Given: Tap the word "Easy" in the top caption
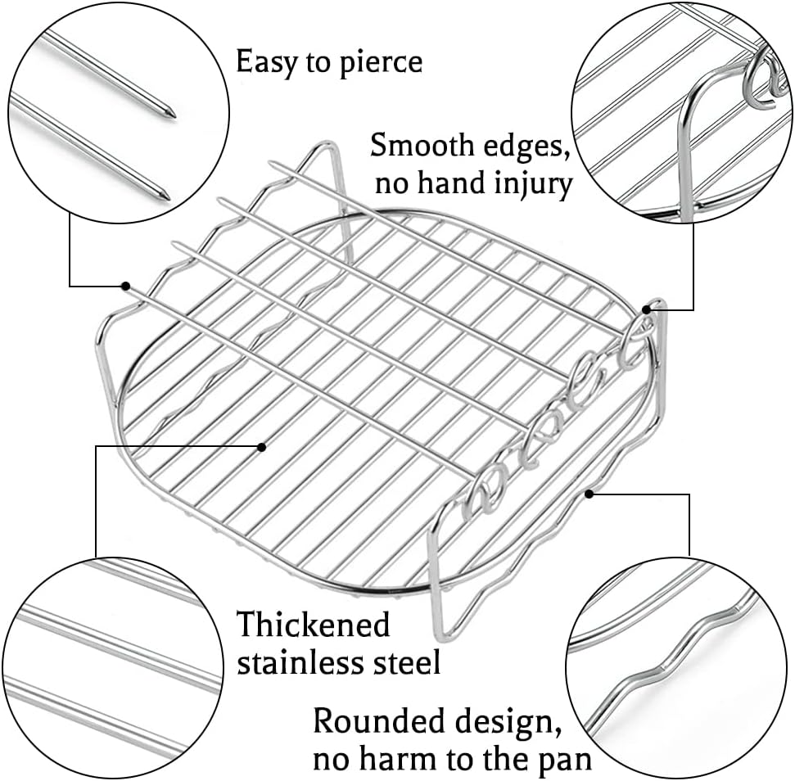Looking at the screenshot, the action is pos(267,63).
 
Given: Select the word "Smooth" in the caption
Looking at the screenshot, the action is pos(422,146).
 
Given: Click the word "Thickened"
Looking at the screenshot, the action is pos(314,624).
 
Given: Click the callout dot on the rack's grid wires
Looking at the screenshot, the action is pos(262,447).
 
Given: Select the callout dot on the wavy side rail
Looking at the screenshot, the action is pos(589,494).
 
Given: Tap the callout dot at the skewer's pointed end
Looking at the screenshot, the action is pos(125,286).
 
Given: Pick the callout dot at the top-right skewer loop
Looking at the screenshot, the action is pos(647,309).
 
